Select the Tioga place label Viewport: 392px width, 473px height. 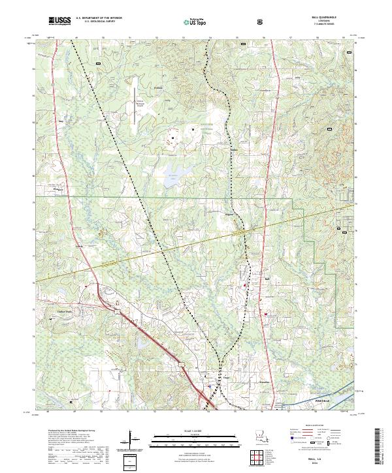[226, 377]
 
